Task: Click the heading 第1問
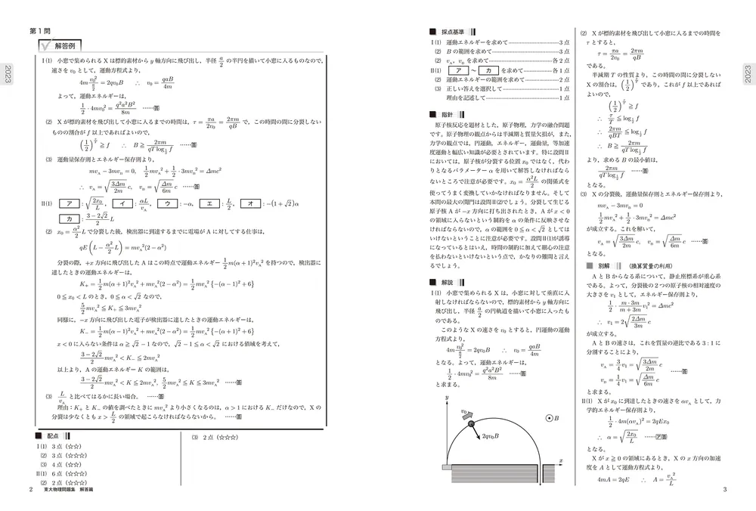[39, 31]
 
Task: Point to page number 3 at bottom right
[723, 491]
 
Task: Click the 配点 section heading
[53, 437]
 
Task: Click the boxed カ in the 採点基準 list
[491, 70]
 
